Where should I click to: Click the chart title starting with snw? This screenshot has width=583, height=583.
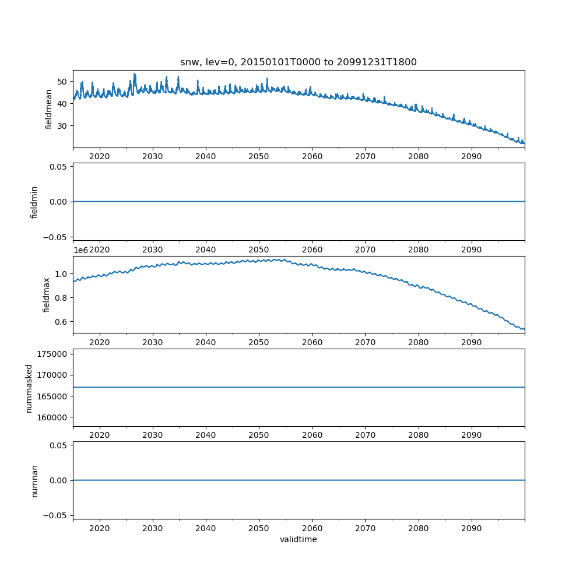298,62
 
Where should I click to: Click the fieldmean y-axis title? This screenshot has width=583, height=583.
49,109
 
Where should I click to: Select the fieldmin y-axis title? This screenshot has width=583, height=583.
34,202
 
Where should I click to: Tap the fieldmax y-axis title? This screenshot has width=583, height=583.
47,294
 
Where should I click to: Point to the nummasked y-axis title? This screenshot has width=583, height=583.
29,388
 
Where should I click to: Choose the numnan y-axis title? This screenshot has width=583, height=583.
34,480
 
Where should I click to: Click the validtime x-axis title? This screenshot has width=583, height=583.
298,540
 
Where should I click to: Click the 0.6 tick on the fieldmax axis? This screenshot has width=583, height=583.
61,322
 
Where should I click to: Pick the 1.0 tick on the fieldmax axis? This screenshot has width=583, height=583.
61,274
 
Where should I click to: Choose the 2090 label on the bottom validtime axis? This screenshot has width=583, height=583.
471,529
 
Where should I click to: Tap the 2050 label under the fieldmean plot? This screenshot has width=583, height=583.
259,157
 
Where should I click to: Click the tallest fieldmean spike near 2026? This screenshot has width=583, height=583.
135,74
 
